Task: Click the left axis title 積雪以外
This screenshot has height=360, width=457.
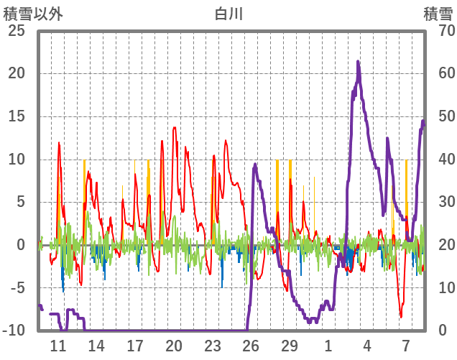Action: coord(33,12)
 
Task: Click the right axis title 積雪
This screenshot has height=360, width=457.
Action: coord(437,12)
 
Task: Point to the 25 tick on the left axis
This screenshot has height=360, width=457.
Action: coord(17,31)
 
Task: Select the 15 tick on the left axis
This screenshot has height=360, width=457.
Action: coord(17,116)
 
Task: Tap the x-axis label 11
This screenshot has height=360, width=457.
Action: coord(58,346)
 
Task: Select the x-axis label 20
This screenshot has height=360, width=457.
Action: coord(174,346)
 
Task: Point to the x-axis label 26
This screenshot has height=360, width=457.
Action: coord(251,346)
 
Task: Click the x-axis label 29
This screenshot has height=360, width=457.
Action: coord(290,346)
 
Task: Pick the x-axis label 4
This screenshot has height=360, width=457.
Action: coord(367,346)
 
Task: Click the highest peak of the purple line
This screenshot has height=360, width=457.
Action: coord(358,62)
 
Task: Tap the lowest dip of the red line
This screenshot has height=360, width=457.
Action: coord(401,317)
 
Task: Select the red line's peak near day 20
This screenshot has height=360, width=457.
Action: coord(175,128)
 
